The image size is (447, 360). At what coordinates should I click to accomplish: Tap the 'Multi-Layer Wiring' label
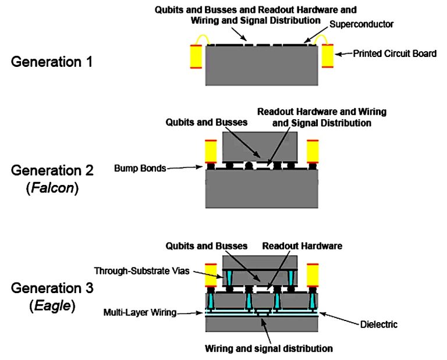point(140,313)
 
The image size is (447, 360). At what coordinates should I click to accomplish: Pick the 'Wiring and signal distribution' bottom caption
point(268,348)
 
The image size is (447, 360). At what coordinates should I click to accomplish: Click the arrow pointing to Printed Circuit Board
point(343,54)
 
